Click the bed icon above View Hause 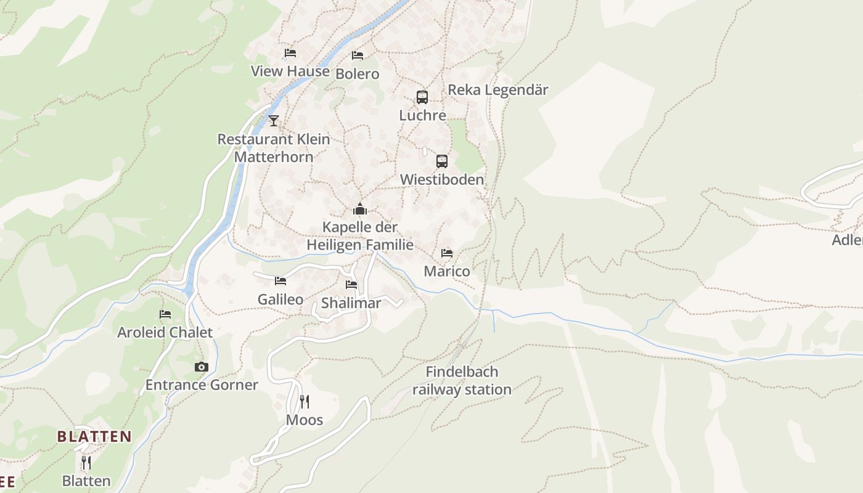290,53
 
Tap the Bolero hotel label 358,74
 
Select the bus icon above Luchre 422,97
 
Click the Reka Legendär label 497,89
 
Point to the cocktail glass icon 274,120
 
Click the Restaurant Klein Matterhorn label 274,148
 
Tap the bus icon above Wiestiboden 442,161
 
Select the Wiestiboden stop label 442,179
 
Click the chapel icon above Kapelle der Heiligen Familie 360,209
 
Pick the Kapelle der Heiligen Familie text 360,236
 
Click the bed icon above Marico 447,253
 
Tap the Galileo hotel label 280,299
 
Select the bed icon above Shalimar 351,285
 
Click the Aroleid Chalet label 165,332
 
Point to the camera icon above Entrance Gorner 202,367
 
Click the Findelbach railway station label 462,380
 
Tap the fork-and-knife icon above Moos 305,402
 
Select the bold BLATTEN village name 94,437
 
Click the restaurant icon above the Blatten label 86,462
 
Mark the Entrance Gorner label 202,385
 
